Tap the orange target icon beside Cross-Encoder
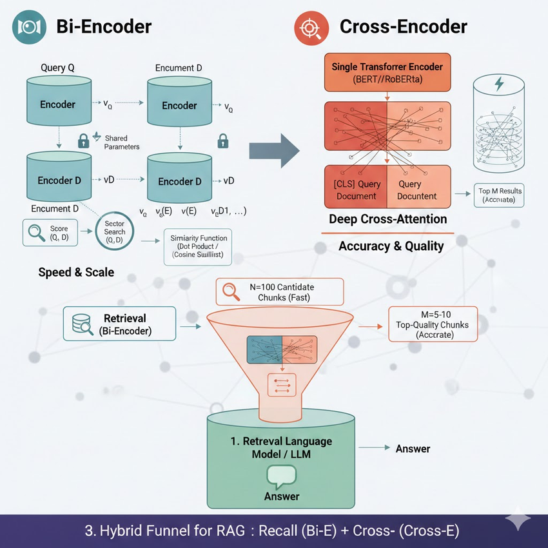(x=307, y=26)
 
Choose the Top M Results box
(x=500, y=195)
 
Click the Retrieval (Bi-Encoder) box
(x=119, y=323)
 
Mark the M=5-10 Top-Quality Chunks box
(x=433, y=322)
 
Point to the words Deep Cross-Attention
(x=387, y=219)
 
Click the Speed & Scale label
(x=76, y=272)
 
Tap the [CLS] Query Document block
(x=356, y=190)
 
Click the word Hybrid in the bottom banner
(x=128, y=532)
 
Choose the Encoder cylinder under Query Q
(x=58, y=104)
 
